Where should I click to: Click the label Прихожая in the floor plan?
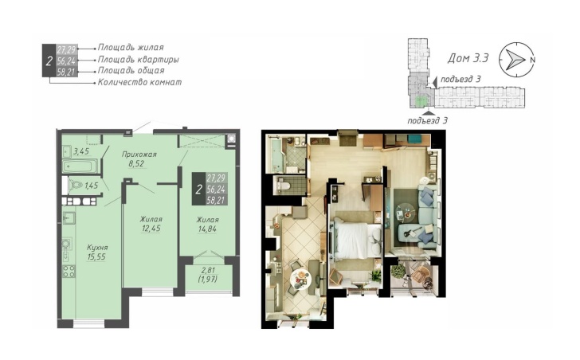point(139,155)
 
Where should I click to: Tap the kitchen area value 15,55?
point(96,257)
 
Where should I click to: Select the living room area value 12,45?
point(151,229)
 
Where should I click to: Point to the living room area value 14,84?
point(207,229)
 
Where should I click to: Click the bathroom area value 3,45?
point(81,151)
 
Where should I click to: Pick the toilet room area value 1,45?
point(92,186)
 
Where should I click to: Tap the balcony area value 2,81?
point(207,270)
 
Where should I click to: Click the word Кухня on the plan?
point(97,247)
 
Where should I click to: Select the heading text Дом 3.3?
point(468,58)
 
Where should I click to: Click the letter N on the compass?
point(532,60)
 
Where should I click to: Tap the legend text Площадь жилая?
point(131,47)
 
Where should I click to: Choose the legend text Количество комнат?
point(140,82)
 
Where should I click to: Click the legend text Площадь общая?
point(131,70)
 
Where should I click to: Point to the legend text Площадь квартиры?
point(139,59)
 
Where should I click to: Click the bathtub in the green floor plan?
point(80,166)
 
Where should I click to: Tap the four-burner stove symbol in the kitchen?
point(69,271)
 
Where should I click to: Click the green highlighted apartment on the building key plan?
point(420,100)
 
